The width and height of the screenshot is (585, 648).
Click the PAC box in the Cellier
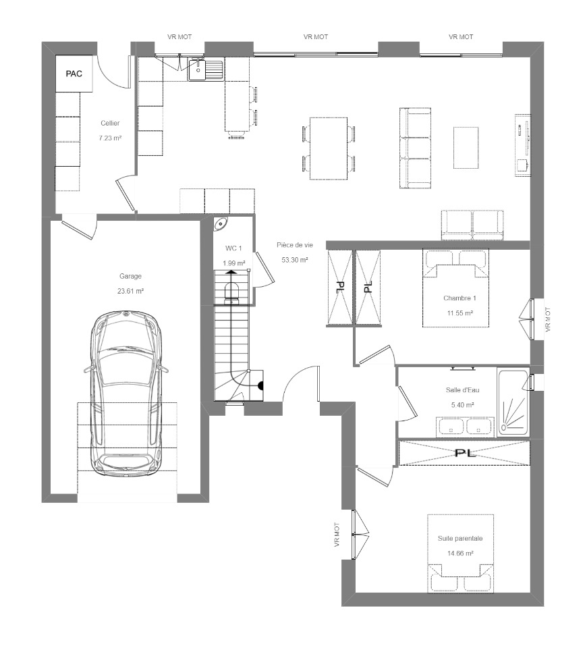74,74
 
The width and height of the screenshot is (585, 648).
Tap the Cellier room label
110,123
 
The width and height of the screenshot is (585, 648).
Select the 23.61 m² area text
130,291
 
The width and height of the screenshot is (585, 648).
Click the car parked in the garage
126,394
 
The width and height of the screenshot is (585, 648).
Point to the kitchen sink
205,70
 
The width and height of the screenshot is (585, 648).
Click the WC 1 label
233,248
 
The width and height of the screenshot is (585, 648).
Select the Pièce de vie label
295,244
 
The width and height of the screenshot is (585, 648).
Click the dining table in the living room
329,148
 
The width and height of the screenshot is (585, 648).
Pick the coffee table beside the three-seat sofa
466,148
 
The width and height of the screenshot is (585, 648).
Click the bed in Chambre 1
455,288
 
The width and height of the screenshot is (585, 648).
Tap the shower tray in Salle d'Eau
513,402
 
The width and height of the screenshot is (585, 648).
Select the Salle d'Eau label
463,389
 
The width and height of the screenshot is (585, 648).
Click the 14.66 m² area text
460,553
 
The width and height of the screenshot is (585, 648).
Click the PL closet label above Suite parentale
465,453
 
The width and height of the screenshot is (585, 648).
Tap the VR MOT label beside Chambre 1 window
548,320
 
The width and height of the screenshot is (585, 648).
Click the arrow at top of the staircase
231,272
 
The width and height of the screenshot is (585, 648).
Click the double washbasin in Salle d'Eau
465,427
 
